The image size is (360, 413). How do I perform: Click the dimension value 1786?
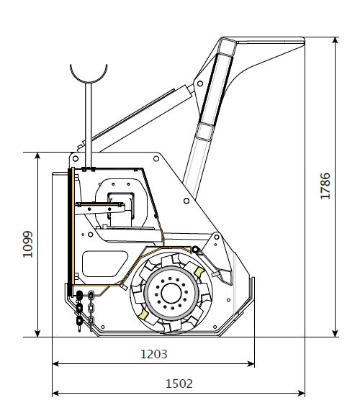coord(325,186)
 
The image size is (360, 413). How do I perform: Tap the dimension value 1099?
coord(27,244)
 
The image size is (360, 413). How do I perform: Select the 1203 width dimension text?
coord(154,354)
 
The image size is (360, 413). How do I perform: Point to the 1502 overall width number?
coord(179,383)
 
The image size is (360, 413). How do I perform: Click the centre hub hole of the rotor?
coord(171,293)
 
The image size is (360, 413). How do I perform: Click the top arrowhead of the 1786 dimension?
coord(335,40)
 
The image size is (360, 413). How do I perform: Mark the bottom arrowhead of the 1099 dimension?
coord(37,333)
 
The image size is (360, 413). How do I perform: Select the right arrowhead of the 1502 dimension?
coord(302,394)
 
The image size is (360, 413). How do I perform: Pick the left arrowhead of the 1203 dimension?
coord(56,364)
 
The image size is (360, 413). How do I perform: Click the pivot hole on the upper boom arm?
coord(200,83)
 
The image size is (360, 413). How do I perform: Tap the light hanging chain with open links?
coord(91,311)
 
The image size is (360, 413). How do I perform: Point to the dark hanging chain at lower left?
coord(79,311)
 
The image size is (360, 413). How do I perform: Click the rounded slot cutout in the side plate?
coord(105,263)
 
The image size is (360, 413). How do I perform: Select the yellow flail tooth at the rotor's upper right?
coord(199,272)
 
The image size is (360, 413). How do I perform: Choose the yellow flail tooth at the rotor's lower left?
coord(143,314)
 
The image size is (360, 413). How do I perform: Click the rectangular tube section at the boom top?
coord(227,47)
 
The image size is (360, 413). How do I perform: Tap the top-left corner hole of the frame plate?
coord(76,158)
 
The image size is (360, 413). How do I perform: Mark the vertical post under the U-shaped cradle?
coord(89,125)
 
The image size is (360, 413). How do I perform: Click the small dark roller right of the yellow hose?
coord(195,249)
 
